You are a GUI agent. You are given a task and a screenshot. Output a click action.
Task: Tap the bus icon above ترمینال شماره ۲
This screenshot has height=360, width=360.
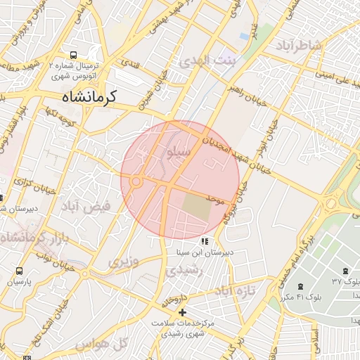coord(74,55)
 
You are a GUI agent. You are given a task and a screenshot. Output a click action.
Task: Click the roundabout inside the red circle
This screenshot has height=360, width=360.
coord(136,181)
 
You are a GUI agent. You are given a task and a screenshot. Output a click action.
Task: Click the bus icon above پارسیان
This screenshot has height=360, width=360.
coord(19,270)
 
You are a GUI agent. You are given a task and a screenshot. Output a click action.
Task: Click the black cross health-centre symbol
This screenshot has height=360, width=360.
coord(183,311)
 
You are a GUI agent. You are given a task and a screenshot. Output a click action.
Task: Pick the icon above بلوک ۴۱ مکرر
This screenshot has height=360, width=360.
coord(301,287)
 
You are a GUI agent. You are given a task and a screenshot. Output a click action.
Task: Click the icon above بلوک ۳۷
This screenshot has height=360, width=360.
coord(345,271)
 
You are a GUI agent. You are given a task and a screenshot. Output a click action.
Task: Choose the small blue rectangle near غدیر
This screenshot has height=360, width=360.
coord(244,35)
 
